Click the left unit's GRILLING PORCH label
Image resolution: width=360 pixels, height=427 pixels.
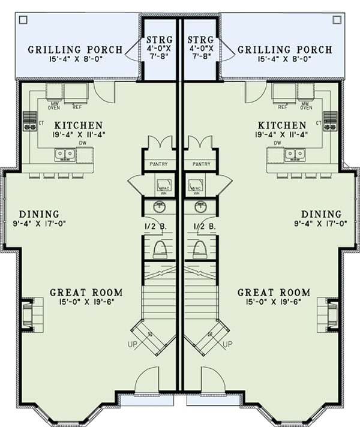[75, 50]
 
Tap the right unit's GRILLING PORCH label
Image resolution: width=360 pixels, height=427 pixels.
[285, 50]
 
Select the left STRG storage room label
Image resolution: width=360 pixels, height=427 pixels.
[160, 40]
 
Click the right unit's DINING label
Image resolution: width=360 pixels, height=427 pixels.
[321, 214]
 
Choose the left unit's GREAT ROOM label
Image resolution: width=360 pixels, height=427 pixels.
[86, 293]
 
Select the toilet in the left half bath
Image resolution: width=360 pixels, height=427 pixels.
[160, 249]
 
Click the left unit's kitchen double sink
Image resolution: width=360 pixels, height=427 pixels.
[65, 155]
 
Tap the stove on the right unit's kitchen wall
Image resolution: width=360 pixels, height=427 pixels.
[330, 120]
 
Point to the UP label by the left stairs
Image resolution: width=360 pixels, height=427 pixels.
[133, 345]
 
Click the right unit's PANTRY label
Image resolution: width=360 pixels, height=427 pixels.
[200, 164]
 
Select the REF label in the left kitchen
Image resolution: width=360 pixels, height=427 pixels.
[76, 107]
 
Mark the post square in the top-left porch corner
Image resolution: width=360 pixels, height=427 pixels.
[23, 20]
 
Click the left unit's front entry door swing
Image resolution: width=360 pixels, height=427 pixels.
[148, 381]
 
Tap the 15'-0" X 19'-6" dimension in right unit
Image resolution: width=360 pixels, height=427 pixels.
[274, 302]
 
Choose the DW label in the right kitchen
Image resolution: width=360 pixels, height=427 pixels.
[277, 143]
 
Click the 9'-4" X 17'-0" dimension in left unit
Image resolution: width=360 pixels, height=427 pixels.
[38, 224]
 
